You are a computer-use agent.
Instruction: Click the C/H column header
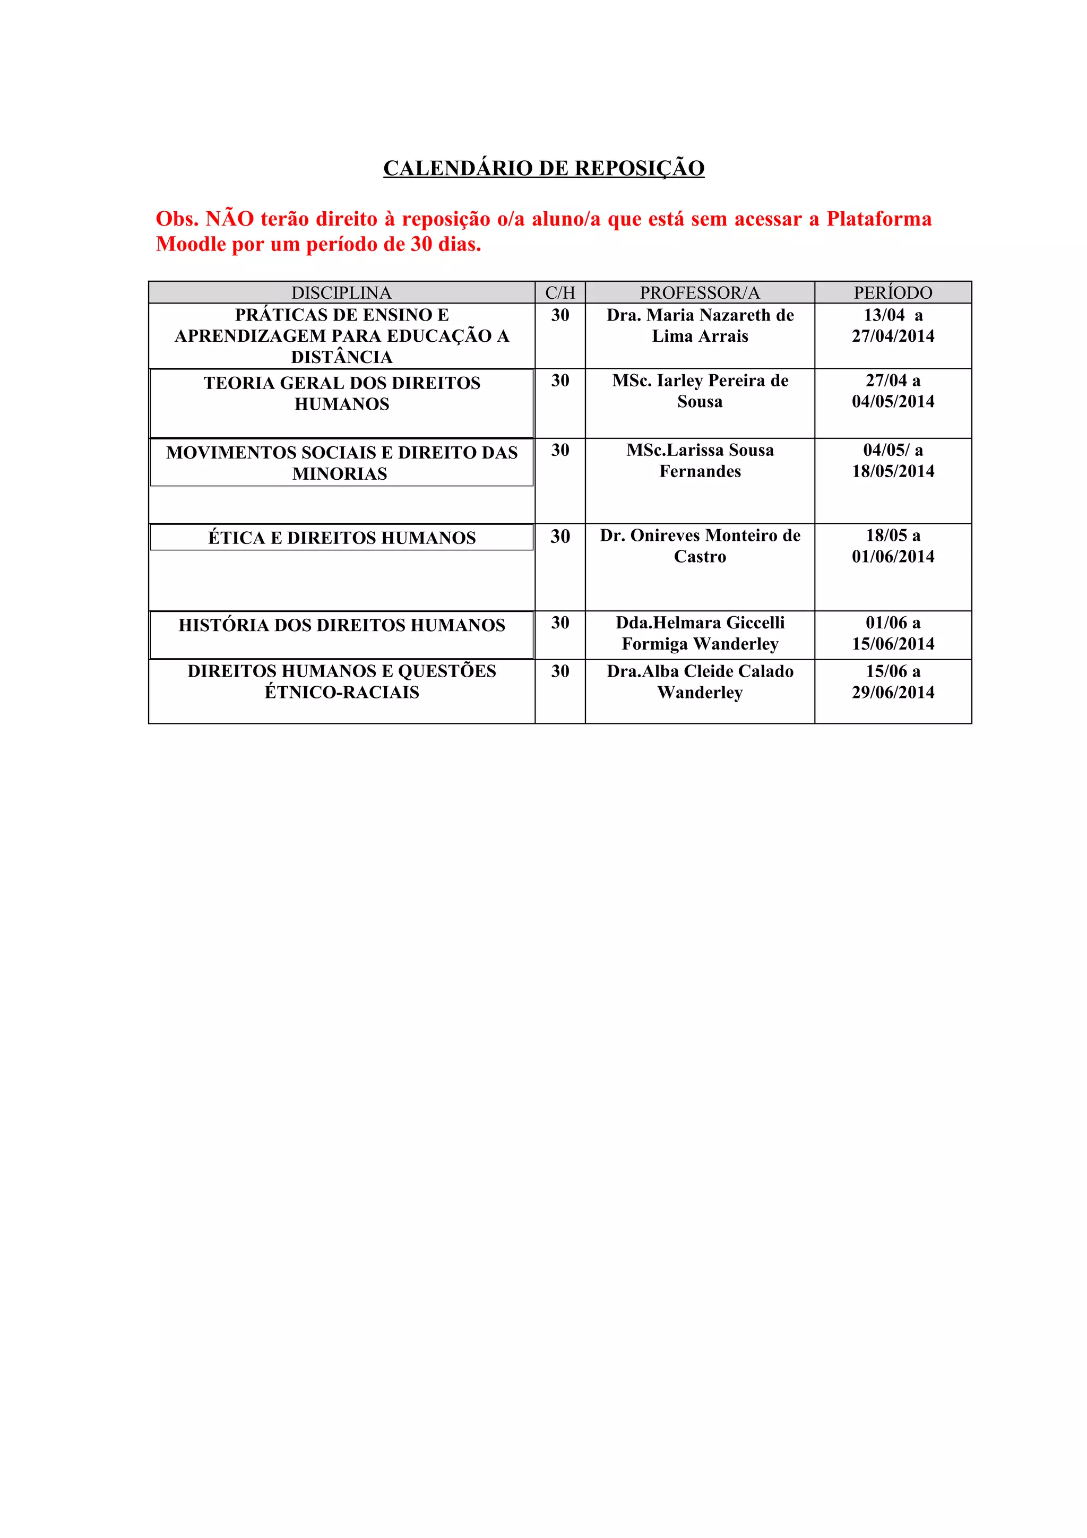click(560, 293)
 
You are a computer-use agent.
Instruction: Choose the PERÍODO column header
click(892, 293)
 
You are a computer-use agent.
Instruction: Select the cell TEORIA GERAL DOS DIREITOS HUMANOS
click(342, 393)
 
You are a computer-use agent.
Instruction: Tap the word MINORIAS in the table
click(340, 473)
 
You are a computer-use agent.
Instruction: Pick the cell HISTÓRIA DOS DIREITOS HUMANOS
click(342, 625)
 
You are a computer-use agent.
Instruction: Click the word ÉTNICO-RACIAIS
click(342, 692)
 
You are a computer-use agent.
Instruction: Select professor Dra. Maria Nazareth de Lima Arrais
click(700, 325)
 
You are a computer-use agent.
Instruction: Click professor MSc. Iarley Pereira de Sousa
click(700, 391)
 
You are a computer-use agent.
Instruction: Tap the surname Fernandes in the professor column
click(700, 472)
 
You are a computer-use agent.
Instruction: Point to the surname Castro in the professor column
click(700, 557)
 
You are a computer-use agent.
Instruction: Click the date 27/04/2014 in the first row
click(893, 336)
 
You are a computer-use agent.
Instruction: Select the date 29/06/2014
click(893, 693)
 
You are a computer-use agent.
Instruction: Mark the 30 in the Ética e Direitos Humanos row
click(560, 537)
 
